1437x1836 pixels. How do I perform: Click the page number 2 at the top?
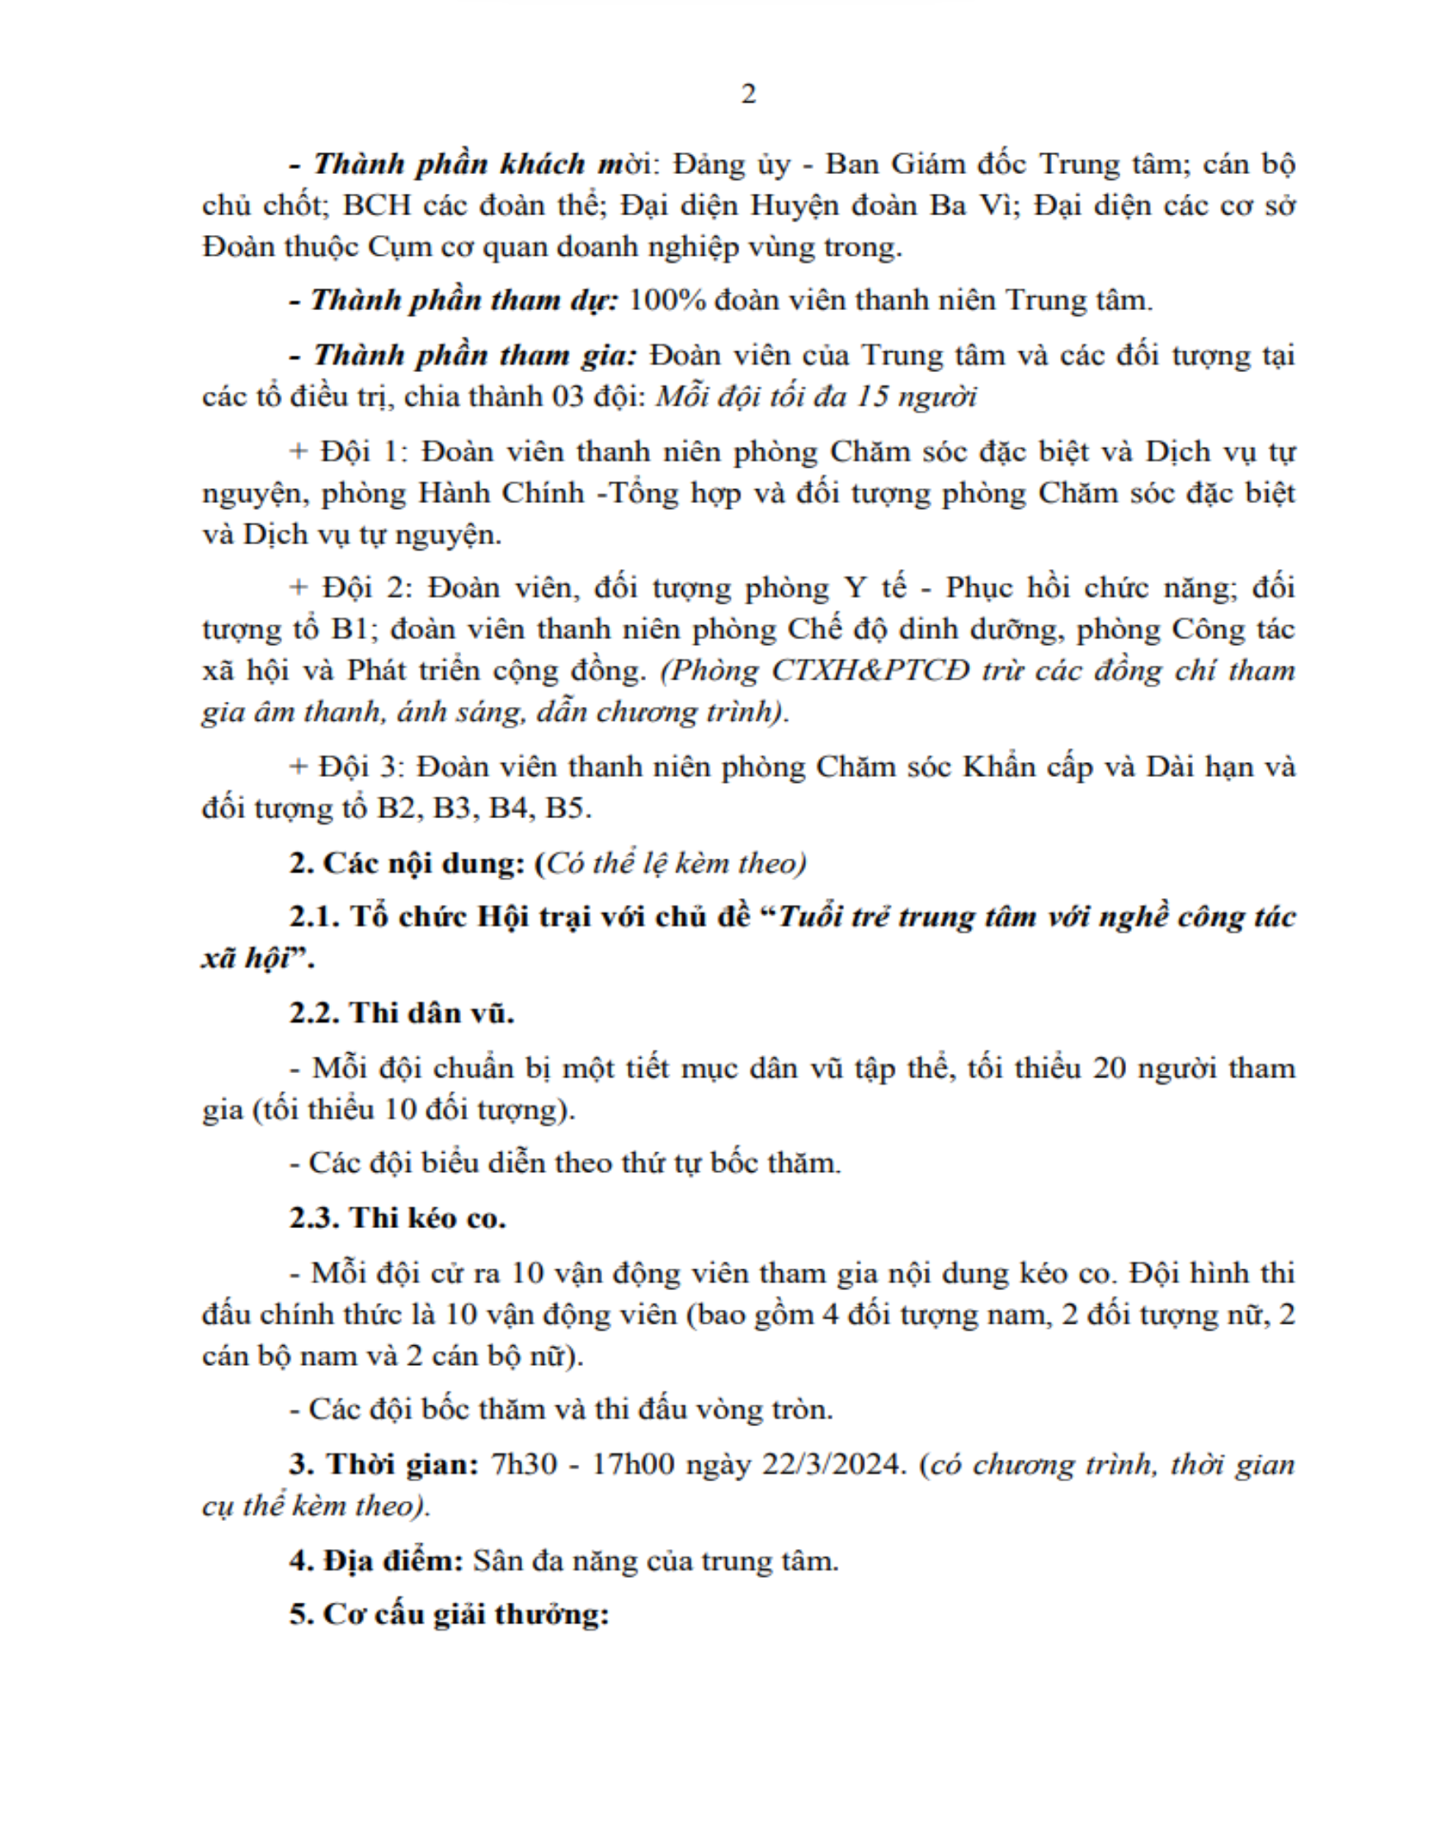(x=748, y=93)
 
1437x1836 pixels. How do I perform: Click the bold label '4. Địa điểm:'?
(x=375, y=1561)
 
